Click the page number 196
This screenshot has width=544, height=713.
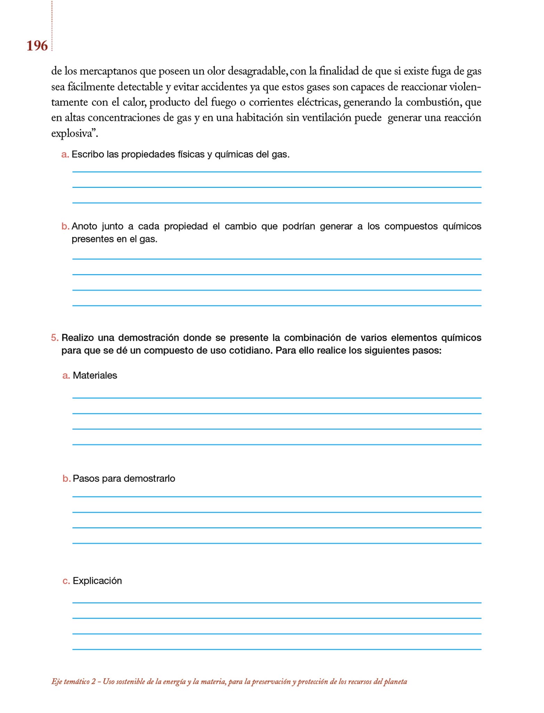(x=37, y=46)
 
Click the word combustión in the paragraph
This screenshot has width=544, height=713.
(x=433, y=102)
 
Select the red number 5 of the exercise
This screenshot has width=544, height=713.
(x=54, y=338)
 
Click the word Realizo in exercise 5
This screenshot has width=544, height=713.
(x=78, y=338)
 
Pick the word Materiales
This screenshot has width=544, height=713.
(x=95, y=376)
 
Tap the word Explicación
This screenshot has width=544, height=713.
(x=97, y=581)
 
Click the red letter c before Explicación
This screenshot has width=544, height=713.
(x=66, y=581)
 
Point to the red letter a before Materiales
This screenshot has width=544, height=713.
(x=66, y=376)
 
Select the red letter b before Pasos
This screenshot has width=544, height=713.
(x=66, y=479)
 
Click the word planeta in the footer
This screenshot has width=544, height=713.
(x=395, y=682)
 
